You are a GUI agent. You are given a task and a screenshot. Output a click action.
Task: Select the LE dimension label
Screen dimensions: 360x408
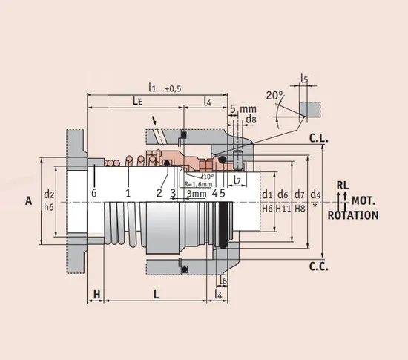(138, 100)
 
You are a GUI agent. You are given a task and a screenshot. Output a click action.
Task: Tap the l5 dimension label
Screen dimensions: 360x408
(304, 78)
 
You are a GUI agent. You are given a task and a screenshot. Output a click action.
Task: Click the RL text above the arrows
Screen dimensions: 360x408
(343, 185)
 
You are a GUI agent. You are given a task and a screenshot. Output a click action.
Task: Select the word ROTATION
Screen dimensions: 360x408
(353, 216)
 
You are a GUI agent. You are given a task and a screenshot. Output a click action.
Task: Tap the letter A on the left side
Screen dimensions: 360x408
(28, 200)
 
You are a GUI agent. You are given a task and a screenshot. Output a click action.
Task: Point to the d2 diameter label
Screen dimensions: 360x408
(49, 194)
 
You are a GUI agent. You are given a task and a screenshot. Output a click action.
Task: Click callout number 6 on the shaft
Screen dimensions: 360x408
(94, 193)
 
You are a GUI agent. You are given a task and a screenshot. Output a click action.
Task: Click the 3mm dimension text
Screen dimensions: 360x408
(197, 193)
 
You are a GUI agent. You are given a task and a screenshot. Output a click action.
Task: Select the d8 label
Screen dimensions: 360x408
(251, 119)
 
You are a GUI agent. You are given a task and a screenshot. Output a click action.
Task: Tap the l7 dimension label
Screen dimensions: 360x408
(237, 180)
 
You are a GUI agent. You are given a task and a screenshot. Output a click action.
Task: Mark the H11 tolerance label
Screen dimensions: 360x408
(283, 209)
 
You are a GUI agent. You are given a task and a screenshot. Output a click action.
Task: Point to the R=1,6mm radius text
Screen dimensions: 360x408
(196, 184)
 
